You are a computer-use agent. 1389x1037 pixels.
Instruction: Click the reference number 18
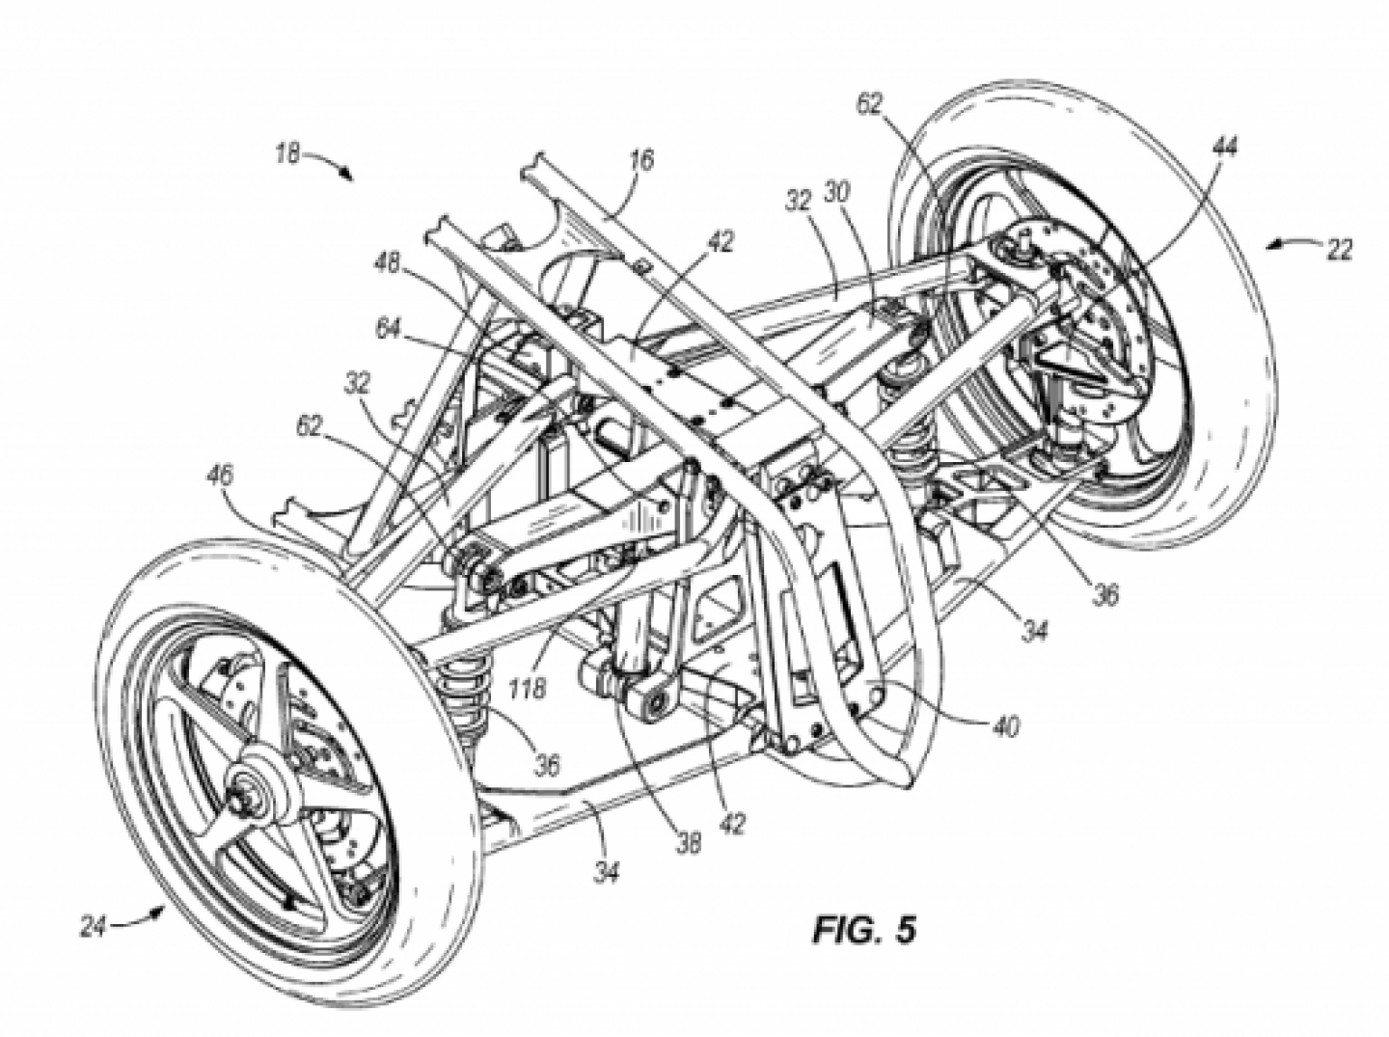[287, 152]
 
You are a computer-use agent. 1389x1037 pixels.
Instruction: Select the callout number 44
[1225, 147]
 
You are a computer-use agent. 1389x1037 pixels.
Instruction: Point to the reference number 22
[1338, 249]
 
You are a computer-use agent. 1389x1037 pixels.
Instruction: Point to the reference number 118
[529, 689]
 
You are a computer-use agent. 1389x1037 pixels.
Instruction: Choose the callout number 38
[687, 842]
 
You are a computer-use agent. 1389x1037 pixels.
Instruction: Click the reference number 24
[94, 927]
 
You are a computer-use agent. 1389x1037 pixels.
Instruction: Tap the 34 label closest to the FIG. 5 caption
[607, 872]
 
